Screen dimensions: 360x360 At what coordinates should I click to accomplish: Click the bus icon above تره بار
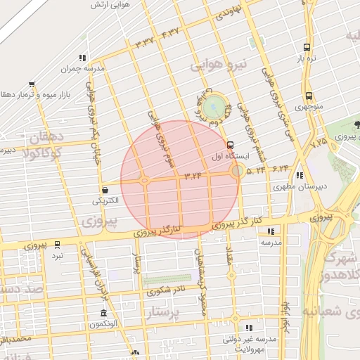pyautogui.click(x=306, y=48)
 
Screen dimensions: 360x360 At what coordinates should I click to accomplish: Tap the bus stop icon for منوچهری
pyautogui.click(x=309, y=96)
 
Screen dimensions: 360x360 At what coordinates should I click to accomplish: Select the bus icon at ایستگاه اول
pyautogui.click(x=231, y=145)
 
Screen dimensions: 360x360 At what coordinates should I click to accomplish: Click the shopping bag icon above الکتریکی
pyautogui.click(x=105, y=190)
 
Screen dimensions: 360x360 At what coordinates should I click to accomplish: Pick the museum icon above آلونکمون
pyautogui.click(x=104, y=313)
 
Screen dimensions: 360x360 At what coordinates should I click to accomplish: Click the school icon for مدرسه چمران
pyautogui.click(x=83, y=58)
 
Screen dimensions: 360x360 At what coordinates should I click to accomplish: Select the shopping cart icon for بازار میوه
pyautogui.click(x=31, y=84)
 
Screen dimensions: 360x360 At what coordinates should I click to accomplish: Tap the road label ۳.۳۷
pyautogui.click(x=144, y=42)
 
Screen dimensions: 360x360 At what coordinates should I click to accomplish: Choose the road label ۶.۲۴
pyautogui.click(x=279, y=168)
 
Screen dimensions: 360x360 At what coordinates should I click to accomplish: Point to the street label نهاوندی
pyautogui.click(x=230, y=12)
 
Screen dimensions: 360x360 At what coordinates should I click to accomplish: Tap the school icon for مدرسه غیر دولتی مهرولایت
pyautogui.click(x=247, y=328)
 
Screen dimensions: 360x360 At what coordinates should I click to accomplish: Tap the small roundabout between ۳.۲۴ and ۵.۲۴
pyautogui.click(x=238, y=170)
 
